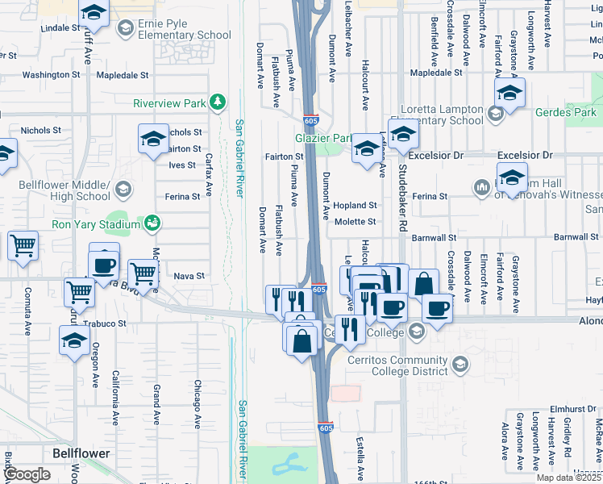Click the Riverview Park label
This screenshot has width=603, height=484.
[x=169, y=103]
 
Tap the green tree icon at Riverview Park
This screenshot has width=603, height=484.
[x=216, y=102]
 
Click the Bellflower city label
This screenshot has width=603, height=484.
[x=81, y=453]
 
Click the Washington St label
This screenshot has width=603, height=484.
[x=52, y=74]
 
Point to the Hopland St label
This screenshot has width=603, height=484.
[x=355, y=206]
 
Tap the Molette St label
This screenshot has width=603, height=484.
[x=355, y=222]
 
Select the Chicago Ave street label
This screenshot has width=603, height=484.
[x=197, y=403]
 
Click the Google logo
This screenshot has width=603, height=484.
[x=27, y=474]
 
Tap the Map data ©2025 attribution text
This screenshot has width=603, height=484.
[x=569, y=478]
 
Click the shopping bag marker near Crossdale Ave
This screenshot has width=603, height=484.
[x=423, y=284]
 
